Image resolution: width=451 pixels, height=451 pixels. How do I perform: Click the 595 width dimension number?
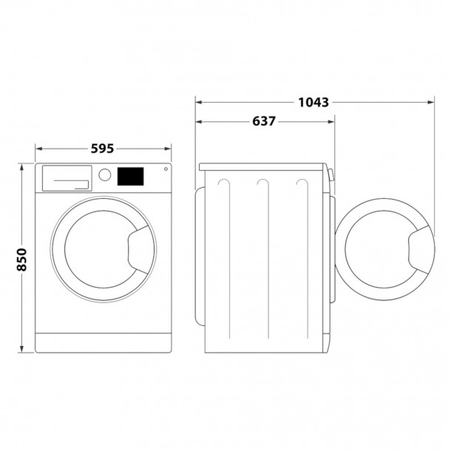(x=103, y=149)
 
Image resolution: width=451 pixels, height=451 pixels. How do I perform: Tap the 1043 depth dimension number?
(x=313, y=101)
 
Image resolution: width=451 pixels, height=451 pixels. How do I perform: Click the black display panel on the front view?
(x=131, y=176)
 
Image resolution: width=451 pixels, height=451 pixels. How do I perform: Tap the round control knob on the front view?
(x=105, y=175)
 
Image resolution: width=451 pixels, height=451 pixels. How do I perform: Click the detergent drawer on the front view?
(x=67, y=177)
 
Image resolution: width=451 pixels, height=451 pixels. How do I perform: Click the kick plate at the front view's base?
(x=103, y=342)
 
